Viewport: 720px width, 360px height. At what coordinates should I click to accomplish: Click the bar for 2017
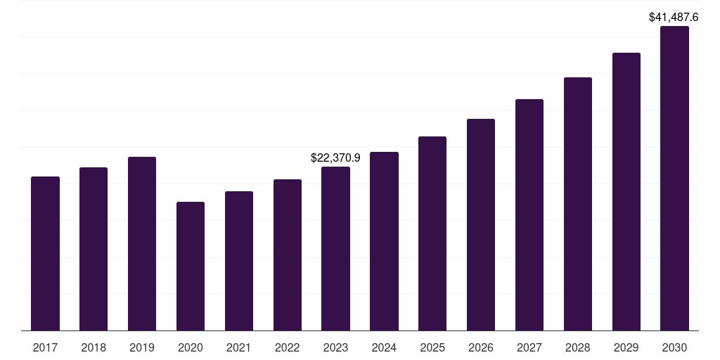tap(45, 253)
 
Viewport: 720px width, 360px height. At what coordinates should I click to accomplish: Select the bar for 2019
tap(142, 243)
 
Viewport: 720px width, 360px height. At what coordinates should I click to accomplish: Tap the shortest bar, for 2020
tap(191, 266)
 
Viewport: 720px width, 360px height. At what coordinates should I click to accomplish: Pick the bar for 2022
tap(288, 255)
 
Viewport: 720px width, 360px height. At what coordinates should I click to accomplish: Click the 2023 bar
tap(335, 248)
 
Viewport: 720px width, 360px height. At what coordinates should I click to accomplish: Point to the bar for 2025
tap(432, 233)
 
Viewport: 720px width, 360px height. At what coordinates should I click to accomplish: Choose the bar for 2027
tap(529, 214)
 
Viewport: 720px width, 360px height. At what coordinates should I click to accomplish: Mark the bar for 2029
tap(626, 191)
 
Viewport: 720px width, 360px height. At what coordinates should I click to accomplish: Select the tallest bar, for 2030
tap(674, 178)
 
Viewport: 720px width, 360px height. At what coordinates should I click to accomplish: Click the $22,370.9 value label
tap(335, 158)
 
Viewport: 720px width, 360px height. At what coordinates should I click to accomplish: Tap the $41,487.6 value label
tap(674, 17)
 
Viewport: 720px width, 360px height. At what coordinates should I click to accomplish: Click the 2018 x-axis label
tap(94, 347)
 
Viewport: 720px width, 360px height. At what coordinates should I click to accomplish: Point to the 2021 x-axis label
tap(239, 347)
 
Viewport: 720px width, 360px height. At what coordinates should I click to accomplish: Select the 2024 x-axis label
tap(384, 347)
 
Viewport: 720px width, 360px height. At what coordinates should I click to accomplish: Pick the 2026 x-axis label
tap(481, 347)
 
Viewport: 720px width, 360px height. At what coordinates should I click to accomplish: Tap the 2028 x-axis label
tap(578, 347)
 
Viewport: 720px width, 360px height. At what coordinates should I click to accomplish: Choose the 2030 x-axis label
tap(674, 347)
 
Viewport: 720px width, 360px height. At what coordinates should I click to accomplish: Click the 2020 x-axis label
tap(191, 347)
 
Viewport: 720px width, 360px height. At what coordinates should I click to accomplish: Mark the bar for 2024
tap(384, 241)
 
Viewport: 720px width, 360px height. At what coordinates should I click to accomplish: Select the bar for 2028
tap(578, 204)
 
